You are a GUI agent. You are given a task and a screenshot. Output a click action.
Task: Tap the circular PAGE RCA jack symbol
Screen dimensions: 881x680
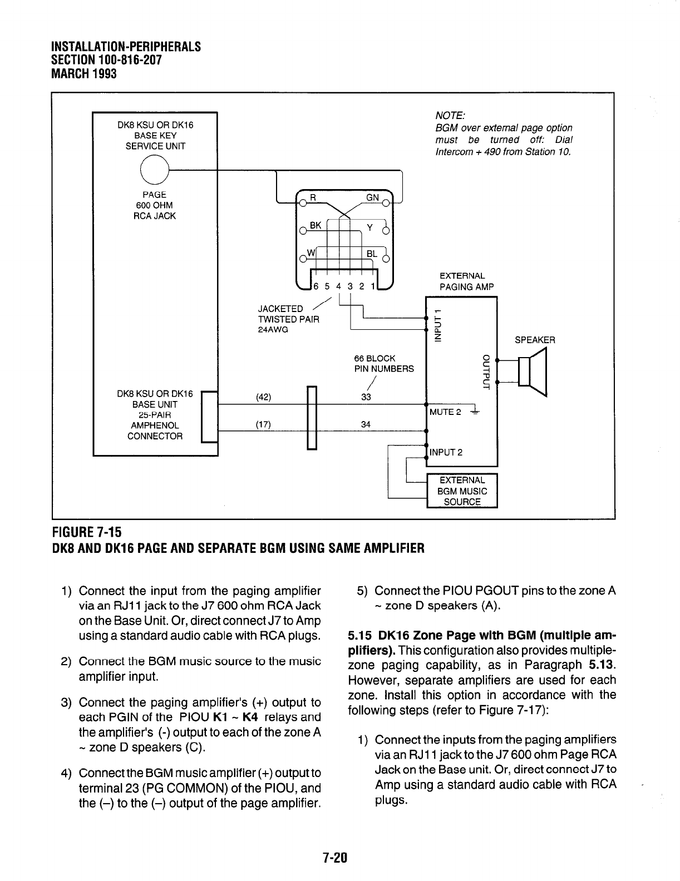pyautogui.click(x=154, y=167)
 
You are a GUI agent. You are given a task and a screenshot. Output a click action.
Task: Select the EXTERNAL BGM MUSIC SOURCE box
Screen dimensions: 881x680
pyautogui.click(x=461, y=491)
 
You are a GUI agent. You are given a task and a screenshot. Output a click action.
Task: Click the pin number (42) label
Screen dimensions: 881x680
pyautogui.click(x=263, y=397)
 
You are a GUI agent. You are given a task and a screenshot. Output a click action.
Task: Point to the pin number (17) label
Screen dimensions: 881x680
pyautogui.click(x=263, y=424)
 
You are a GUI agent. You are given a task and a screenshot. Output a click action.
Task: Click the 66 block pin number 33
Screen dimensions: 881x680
pyautogui.click(x=366, y=397)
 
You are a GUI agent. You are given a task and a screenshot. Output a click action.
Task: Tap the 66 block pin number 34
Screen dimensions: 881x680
pyautogui.click(x=366, y=424)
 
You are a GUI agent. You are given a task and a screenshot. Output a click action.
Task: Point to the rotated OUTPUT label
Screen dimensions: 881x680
pyautogui.click(x=485, y=372)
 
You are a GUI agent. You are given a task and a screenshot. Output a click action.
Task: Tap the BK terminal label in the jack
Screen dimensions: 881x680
pyautogui.click(x=316, y=225)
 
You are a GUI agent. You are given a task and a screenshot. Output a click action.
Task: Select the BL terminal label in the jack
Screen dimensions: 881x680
pyautogui.click(x=371, y=254)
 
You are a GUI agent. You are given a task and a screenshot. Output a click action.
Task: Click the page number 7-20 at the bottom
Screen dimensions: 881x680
pyautogui.click(x=334, y=857)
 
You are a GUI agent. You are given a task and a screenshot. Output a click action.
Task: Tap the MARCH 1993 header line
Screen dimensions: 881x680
pyautogui.click(x=83, y=73)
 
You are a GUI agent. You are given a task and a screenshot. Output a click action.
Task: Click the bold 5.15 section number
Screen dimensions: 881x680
pyautogui.click(x=361, y=635)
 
